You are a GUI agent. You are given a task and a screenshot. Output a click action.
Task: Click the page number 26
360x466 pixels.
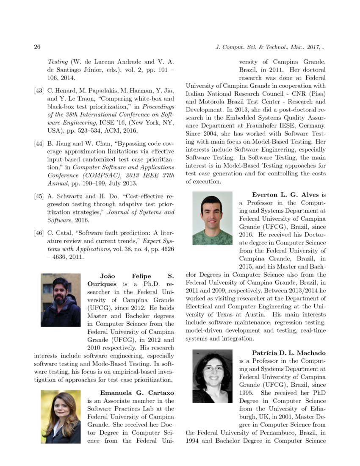point(37,47)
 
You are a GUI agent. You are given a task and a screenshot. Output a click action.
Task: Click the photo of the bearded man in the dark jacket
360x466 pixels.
point(61,300)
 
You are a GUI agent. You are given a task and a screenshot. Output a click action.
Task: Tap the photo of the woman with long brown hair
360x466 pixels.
point(61,416)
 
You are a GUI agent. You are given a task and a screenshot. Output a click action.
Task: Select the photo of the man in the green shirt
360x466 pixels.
point(212,218)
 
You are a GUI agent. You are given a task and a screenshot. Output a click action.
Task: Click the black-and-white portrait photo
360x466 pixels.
point(212,376)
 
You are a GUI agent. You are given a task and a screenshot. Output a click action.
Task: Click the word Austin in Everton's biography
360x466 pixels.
point(255,314)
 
